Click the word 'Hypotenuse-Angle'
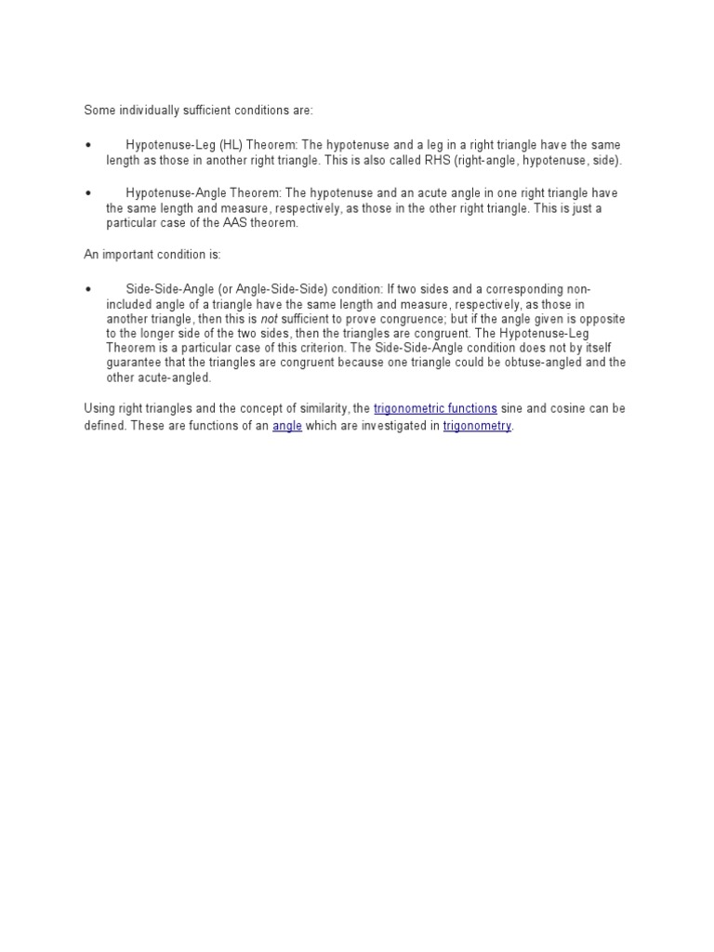pos(173,193)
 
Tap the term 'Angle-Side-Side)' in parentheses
pos(284,289)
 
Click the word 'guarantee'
pos(133,364)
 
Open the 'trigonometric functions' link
pos(435,409)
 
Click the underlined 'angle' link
pos(287,427)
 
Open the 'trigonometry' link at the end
pos(477,427)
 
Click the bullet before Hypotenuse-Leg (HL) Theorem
pos(88,146)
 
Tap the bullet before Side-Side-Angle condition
pos(88,290)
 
